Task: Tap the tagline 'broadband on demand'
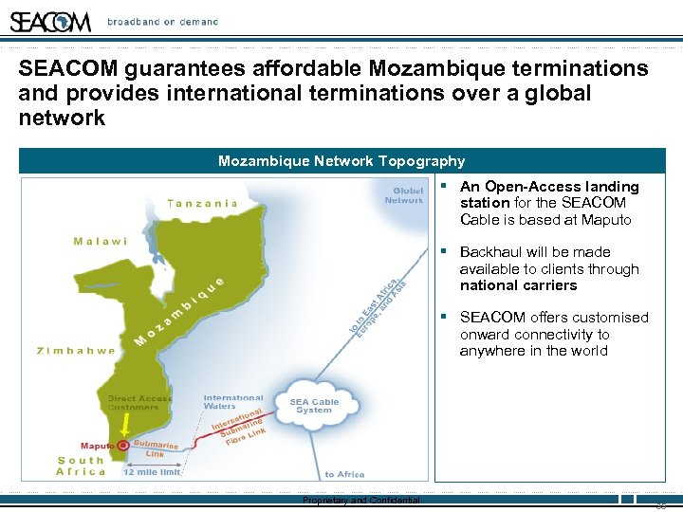tap(162, 22)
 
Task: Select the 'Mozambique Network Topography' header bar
tap(341, 161)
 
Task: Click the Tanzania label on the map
tap(202, 203)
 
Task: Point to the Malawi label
tap(101, 241)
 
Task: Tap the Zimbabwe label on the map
tap(76, 350)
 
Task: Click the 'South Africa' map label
tap(82, 466)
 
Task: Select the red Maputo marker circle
tap(123, 446)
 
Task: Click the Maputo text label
tap(98, 446)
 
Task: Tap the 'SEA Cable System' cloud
tap(314, 405)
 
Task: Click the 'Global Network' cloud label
tap(404, 194)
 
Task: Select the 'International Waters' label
tap(233, 402)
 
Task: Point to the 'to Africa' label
tap(344, 474)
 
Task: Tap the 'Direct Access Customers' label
tap(140, 403)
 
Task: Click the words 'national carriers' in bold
tap(518, 285)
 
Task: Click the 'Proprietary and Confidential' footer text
tap(360, 501)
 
